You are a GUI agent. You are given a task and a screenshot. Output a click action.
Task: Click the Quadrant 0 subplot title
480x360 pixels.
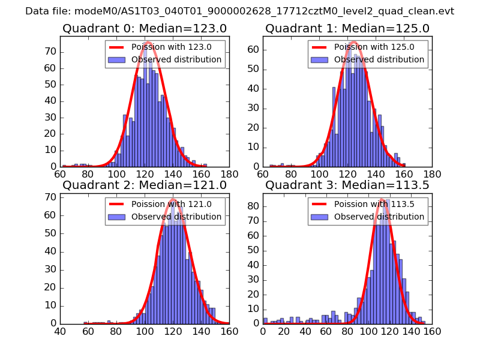click(145, 28)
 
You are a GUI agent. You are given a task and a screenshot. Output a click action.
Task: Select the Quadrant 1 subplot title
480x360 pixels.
click(347, 28)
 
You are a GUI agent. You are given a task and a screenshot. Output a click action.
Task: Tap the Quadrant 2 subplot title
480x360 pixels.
click(145, 185)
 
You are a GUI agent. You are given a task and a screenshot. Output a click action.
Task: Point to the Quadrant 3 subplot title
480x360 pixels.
click(347, 185)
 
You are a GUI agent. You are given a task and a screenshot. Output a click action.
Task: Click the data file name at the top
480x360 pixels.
click(240, 11)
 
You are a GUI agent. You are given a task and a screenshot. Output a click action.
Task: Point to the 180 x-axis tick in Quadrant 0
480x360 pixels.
click(229, 174)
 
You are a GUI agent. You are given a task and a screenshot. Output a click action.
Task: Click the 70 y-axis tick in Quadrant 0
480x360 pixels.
click(52, 52)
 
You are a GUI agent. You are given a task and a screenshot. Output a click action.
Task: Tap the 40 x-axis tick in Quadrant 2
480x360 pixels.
click(60, 331)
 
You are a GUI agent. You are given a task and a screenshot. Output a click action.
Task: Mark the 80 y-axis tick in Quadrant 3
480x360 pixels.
click(254, 206)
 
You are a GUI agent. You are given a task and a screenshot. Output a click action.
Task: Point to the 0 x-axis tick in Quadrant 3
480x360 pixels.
click(263, 331)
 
